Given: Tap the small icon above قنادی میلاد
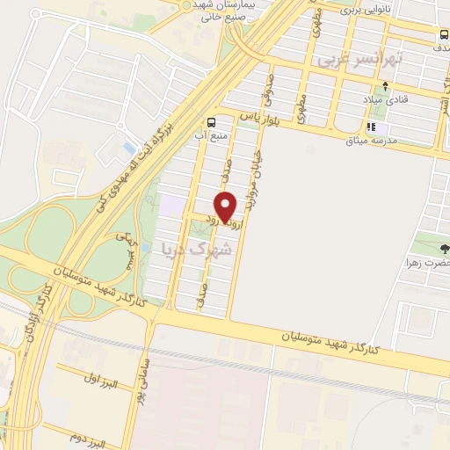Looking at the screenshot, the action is (384, 87).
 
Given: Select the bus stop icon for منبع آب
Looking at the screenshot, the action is (211, 122).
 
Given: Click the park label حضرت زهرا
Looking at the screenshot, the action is (432, 263).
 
